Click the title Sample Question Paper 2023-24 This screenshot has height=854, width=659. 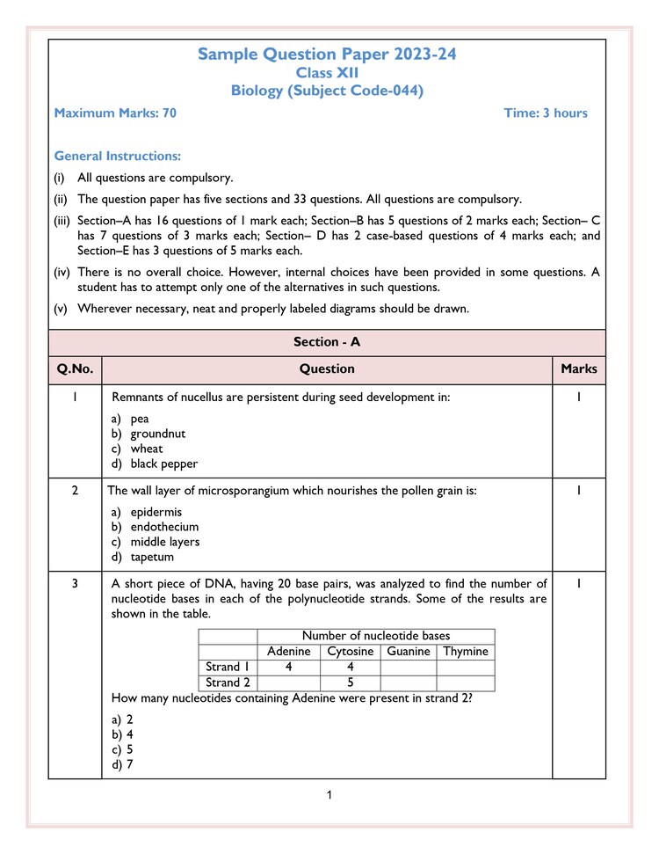click(x=327, y=55)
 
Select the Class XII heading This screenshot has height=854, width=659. click(x=327, y=73)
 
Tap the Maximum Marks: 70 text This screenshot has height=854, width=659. click(x=115, y=113)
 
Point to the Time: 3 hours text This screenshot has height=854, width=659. click(x=546, y=113)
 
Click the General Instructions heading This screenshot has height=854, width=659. click(x=118, y=156)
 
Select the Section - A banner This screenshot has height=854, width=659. click(x=327, y=342)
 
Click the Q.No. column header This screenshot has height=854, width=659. click(x=76, y=369)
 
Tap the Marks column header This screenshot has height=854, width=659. click(x=578, y=369)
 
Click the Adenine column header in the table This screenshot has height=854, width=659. click(x=288, y=652)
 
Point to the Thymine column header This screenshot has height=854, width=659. click(x=466, y=652)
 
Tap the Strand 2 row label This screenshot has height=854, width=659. click(x=228, y=682)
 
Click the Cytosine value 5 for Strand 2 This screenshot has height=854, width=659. click(x=350, y=682)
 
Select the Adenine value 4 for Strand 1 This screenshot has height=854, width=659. click(x=288, y=667)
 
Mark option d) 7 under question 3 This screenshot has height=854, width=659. click(x=122, y=764)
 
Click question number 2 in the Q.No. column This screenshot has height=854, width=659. click(x=76, y=491)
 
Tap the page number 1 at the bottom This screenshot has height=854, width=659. click(x=329, y=796)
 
